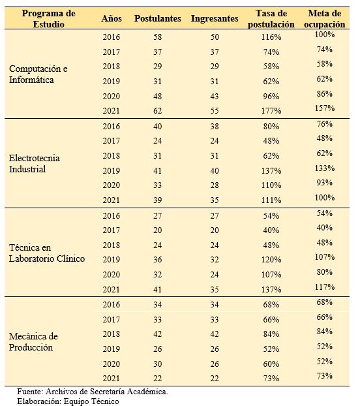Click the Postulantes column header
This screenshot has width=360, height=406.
[158, 19]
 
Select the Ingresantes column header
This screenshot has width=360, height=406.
[215, 19]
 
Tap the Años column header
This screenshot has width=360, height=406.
[112, 19]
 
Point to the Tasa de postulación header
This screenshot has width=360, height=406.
[271, 19]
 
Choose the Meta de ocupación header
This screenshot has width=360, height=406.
[325, 19]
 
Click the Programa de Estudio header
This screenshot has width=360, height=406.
[49, 19]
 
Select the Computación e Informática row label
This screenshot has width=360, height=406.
[38, 74]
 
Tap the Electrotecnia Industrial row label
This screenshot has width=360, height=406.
[35, 163]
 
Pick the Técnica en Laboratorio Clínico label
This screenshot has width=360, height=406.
[47, 253]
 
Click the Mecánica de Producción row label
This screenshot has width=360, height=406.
[33, 341]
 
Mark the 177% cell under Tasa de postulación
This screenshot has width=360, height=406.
[271, 111]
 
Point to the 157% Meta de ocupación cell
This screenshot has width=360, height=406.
[325, 108]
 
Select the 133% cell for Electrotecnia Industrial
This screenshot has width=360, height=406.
[325, 168]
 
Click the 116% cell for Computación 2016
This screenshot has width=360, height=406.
[271, 37]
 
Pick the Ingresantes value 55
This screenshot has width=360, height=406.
[215, 111]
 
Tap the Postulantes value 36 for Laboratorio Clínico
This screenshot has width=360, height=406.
[158, 259]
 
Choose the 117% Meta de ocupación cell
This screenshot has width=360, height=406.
[325, 287]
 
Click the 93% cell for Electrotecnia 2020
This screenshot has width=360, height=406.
[325, 183]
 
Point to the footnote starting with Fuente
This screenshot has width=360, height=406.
[93, 392]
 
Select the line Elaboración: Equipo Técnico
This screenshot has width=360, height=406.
[68, 401]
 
